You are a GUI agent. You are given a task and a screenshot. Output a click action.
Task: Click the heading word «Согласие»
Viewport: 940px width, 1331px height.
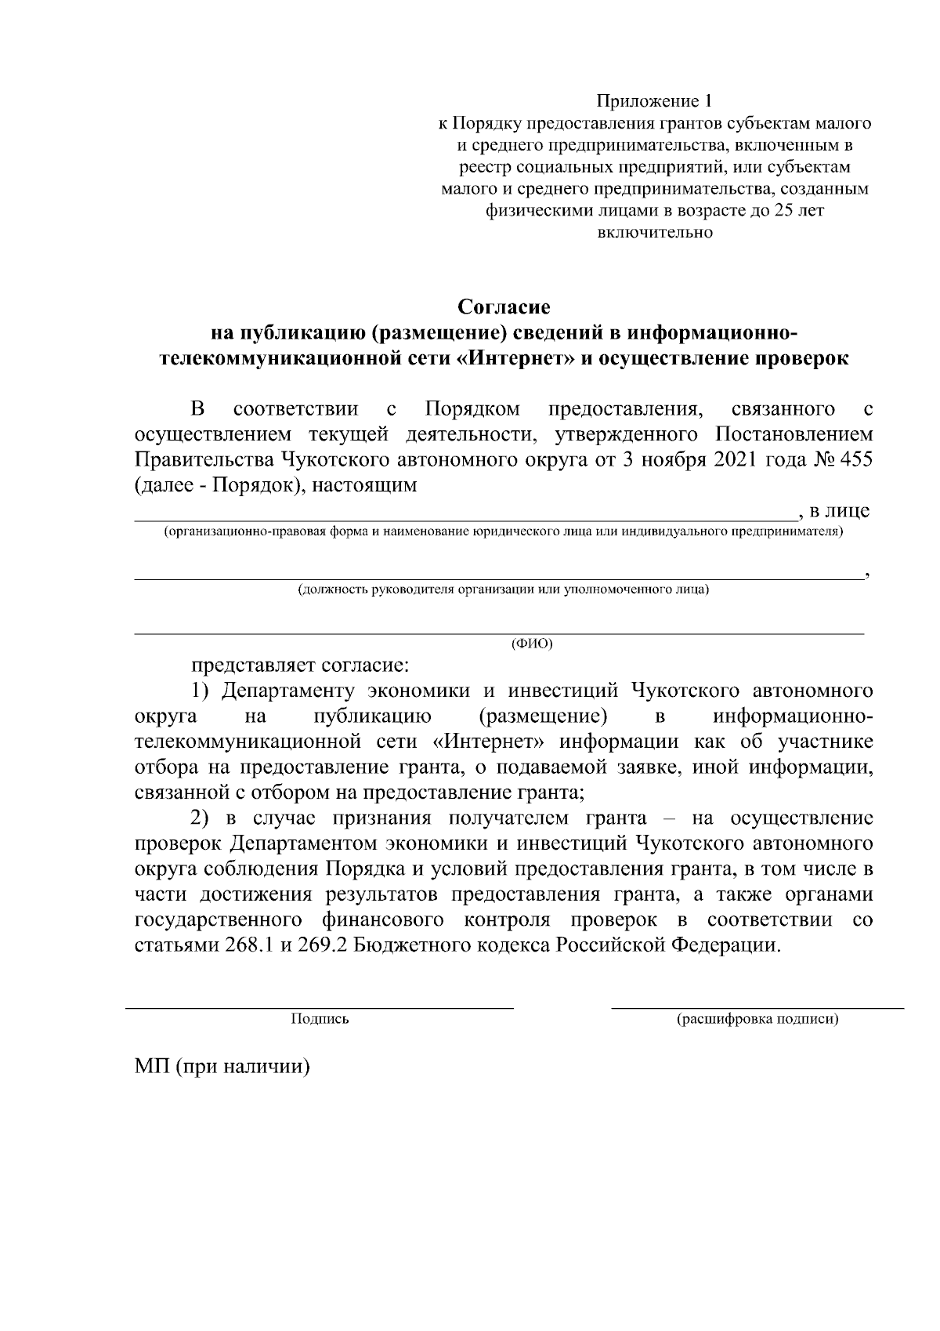coord(504,306)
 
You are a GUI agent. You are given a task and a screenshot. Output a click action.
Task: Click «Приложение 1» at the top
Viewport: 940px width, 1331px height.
coord(655,101)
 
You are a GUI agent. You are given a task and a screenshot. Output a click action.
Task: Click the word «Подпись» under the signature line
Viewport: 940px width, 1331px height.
coord(320,1020)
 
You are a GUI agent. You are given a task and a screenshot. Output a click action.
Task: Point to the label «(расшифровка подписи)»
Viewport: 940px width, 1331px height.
coord(757,1020)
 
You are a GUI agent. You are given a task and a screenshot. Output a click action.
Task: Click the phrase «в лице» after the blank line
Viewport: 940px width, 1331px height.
coord(839,512)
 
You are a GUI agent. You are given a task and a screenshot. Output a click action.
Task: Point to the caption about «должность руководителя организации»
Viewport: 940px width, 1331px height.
coord(502,589)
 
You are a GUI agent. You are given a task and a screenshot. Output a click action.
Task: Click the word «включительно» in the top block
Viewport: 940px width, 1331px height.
coord(655,233)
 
